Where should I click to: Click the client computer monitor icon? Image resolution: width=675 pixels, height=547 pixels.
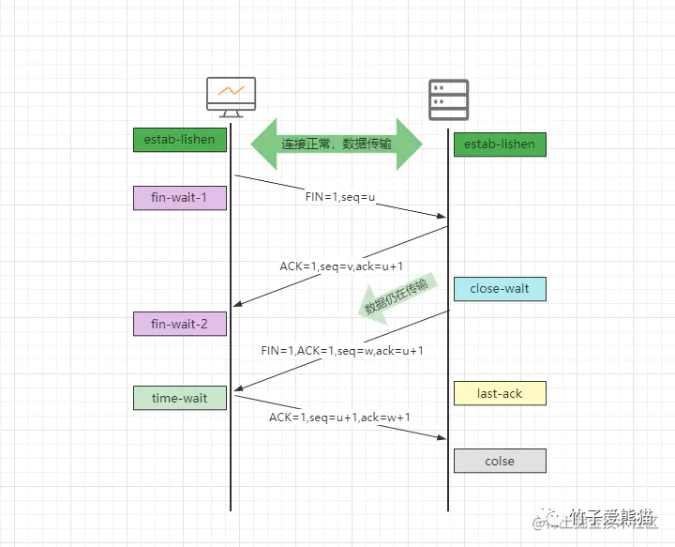231,96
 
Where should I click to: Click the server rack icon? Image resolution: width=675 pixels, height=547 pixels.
448,99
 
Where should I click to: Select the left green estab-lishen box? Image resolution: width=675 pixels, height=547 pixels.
180,140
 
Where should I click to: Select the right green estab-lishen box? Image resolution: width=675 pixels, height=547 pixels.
500,144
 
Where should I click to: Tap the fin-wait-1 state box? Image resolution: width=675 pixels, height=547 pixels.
180,198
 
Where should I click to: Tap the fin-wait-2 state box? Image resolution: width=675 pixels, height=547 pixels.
180,324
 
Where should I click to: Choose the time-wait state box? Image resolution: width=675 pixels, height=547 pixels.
180,398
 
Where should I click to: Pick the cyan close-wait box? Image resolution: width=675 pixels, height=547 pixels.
500,289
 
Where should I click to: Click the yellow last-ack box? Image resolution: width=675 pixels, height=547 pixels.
500,393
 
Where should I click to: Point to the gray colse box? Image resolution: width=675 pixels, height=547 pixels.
500,461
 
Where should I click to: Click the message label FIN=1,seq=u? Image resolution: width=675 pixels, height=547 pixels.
340,198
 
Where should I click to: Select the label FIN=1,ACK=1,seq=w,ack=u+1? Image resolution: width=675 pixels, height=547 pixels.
342,350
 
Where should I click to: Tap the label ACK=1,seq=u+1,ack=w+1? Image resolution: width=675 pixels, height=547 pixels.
340,417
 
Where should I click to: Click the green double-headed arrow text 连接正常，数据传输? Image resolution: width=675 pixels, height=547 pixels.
337,144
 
